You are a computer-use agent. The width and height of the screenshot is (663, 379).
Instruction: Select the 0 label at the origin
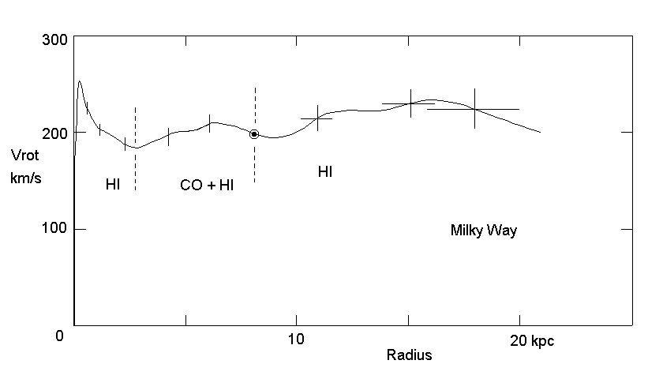[59, 337]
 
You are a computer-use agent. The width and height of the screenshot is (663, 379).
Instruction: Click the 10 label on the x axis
[296, 339]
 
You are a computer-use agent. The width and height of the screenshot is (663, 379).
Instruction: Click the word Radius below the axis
[409, 355]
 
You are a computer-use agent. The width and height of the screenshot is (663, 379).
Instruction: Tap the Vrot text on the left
[24, 155]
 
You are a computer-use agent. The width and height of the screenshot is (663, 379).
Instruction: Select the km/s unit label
[24, 178]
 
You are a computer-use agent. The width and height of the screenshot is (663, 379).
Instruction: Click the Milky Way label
[483, 231]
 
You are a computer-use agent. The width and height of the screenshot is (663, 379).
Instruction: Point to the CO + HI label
[207, 185]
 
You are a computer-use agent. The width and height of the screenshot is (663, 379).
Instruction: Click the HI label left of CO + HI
[113, 185]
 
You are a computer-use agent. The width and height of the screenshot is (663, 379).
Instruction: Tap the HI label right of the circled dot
[325, 171]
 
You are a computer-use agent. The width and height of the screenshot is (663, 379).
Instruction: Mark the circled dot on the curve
[254, 134]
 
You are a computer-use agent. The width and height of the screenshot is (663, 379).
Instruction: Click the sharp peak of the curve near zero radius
[80, 81]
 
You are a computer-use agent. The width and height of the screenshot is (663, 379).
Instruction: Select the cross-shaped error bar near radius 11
[317, 118]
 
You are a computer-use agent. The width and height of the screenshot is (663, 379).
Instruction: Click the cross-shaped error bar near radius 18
[474, 109]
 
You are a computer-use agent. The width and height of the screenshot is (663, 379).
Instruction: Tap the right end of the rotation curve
[540, 132]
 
